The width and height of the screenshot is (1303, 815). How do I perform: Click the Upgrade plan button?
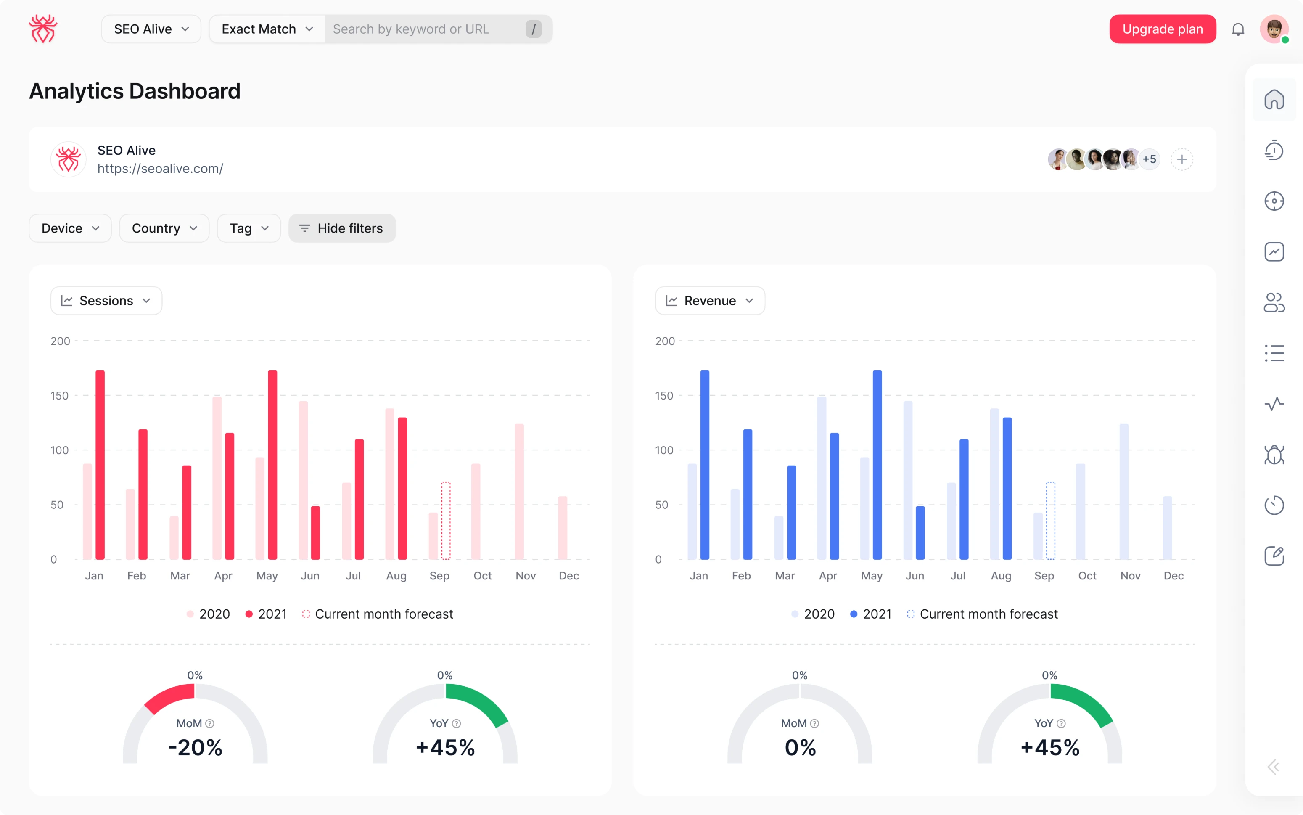pyautogui.click(x=1162, y=29)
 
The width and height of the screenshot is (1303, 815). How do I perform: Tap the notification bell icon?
pyautogui.click(x=1238, y=29)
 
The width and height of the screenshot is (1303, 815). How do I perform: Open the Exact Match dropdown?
pyautogui.click(x=267, y=29)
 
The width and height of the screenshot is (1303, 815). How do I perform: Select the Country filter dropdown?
pyautogui.click(x=164, y=228)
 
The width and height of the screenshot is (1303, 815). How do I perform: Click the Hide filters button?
pyautogui.click(x=342, y=228)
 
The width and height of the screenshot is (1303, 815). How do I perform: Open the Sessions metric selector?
pyautogui.click(x=106, y=300)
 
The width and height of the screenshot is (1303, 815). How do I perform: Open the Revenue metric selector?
pyautogui.click(x=710, y=300)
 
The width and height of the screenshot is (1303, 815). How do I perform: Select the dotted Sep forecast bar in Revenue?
pyautogui.click(x=1050, y=520)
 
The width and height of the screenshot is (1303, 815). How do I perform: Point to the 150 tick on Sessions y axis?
pyautogui.click(x=60, y=396)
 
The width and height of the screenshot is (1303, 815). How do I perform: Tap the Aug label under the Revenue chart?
pyautogui.click(x=1001, y=576)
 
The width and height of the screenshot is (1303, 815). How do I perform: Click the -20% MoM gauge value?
pyautogui.click(x=195, y=747)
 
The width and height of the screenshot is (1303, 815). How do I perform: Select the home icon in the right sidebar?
pyautogui.click(x=1274, y=100)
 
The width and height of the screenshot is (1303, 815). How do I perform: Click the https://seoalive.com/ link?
pyautogui.click(x=160, y=168)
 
